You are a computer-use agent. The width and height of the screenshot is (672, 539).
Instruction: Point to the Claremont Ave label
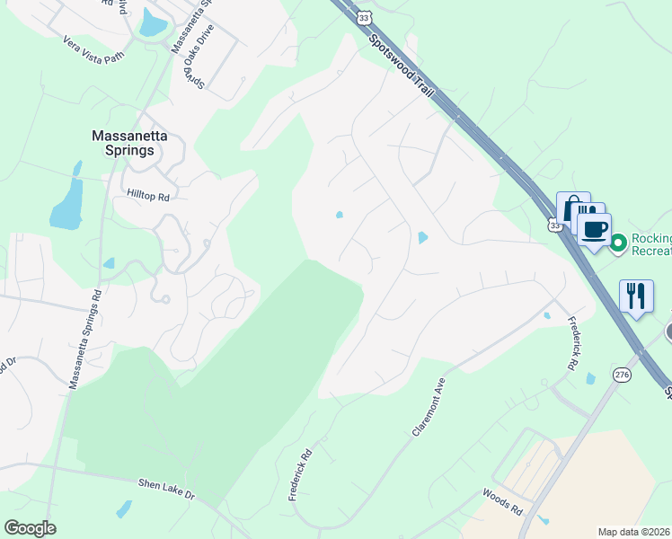429,406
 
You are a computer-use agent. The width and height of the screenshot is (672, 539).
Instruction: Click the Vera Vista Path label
93,50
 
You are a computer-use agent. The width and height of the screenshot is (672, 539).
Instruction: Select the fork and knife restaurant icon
636,295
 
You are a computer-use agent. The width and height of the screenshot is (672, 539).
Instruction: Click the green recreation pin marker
618,243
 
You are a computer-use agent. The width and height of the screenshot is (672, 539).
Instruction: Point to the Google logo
30,528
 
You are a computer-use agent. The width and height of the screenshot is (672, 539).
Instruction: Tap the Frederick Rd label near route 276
570,342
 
